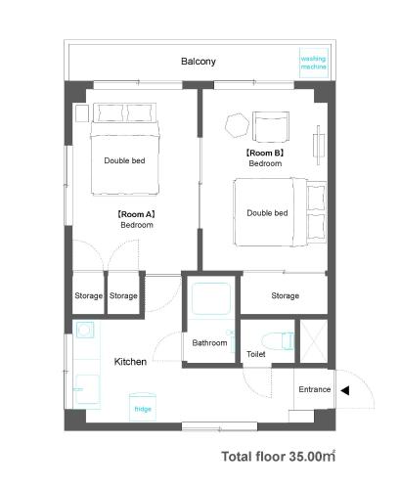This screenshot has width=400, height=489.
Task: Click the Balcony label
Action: pyautogui.click(x=199, y=62)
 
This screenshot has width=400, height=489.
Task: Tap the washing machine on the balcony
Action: pyautogui.click(x=313, y=63)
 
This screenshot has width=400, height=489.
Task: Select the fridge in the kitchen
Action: pyautogui.click(x=143, y=407)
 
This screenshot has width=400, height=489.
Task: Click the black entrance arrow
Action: pyautogui.click(x=345, y=390)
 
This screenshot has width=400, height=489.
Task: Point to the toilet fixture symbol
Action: pyautogui.click(x=279, y=341)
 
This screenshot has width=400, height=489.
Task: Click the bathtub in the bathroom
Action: pyautogui.click(x=211, y=298)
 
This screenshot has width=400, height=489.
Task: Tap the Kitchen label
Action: pyautogui.click(x=130, y=362)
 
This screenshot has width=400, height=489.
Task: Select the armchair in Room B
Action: pyautogui.click(x=271, y=127)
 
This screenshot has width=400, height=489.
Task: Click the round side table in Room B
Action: pyautogui.click(x=238, y=125)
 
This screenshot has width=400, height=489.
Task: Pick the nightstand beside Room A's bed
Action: pyautogui.click(x=82, y=113)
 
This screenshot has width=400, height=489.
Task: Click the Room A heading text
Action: pyautogui.click(x=136, y=214)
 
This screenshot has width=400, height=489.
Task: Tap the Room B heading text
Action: pyautogui.click(x=265, y=153)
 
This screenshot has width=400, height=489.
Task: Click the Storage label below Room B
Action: pyautogui.click(x=286, y=295)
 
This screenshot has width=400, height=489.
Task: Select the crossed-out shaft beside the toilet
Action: pyautogui.click(x=313, y=341)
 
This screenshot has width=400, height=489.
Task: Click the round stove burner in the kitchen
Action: pyautogui.click(x=84, y=331)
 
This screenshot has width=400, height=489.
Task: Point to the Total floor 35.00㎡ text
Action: pyautogui.click(x=279, y=457)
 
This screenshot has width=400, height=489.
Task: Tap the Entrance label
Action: pyautogui.click(x=315, y=389)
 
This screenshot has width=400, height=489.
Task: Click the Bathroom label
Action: pyautogui.click(x=209, y=342)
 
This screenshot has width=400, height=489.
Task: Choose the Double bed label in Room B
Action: pyautogui.click(x=267, y=213)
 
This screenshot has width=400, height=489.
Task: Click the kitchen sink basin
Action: pyautogui.click(x=87, y=389)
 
